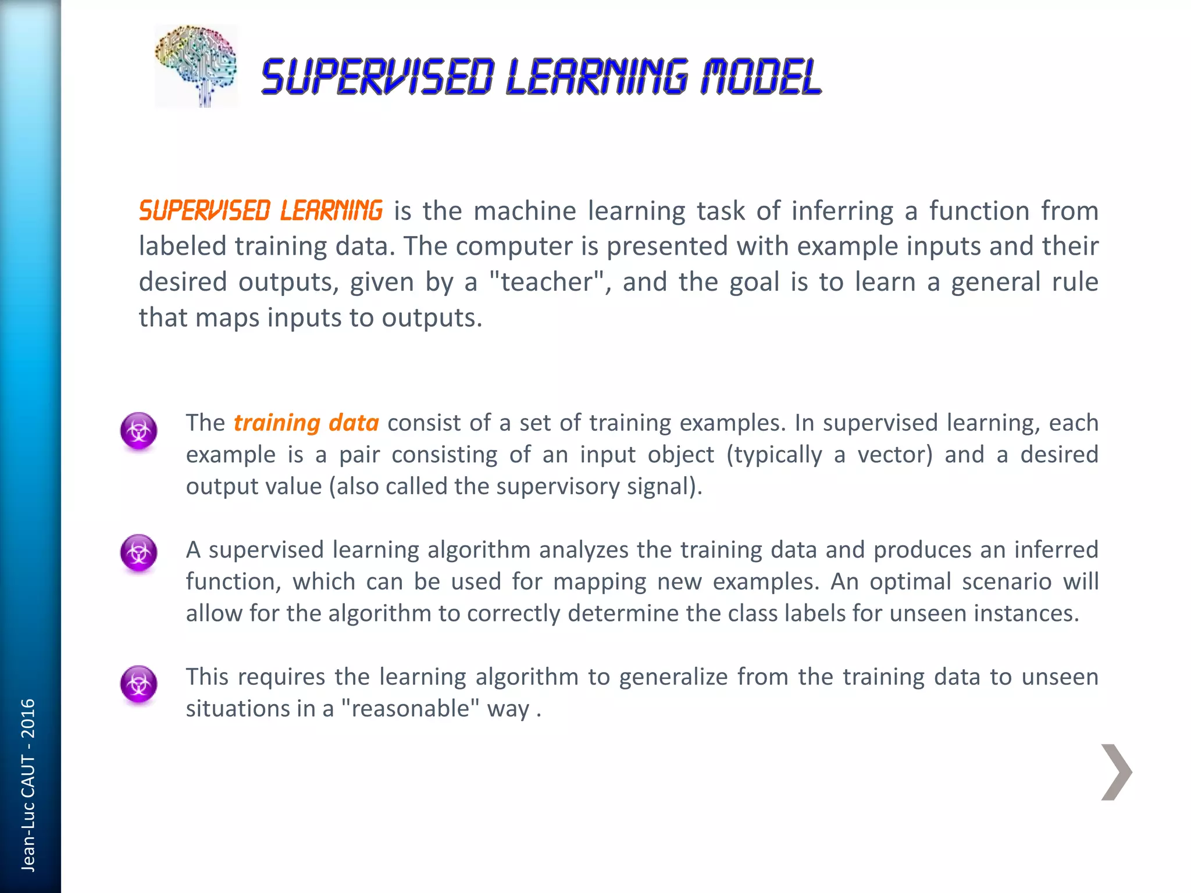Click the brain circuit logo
pyautogui.click(x=197, y=65)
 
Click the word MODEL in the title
pyautogui.click(x=761, y=77)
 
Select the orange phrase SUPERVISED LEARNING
pyautogui.click(x=261, y=210)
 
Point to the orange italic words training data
pyautogui.click(x=306, y=423)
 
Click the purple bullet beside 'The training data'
pyautogui.click(x=138, y=431)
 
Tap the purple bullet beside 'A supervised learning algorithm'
pyautogui.click(x=138, y=552)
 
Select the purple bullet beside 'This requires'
pyautogui.click(x=138, y=684)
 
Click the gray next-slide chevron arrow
pyautogui.click(x=1116, y=772)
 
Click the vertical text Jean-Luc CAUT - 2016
pyautogui.click(x=28, y=785)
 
